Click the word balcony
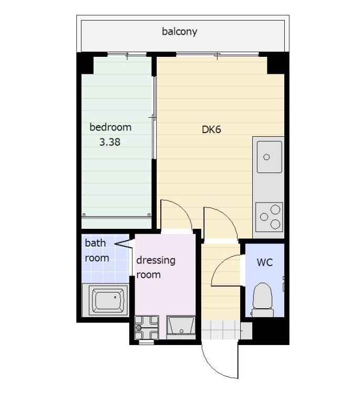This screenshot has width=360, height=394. (179, 32)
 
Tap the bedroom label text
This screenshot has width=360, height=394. (110, 127)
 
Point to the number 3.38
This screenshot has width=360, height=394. (110, 142)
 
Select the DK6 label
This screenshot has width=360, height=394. (211, 129)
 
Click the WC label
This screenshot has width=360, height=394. (264, 262)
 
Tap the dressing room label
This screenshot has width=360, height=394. (156, 267)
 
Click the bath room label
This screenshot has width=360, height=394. (97, 250)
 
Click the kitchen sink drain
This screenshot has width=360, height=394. (266, 157)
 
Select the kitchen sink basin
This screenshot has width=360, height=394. (270, 157)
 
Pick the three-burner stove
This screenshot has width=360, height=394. (269, 217)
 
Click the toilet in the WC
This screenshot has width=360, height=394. (263, 299)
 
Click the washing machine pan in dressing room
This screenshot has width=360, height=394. (147, 327)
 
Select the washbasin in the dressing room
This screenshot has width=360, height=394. (181, 328)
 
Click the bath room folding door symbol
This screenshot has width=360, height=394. (124, 244)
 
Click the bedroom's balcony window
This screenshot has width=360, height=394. (127, 54)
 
